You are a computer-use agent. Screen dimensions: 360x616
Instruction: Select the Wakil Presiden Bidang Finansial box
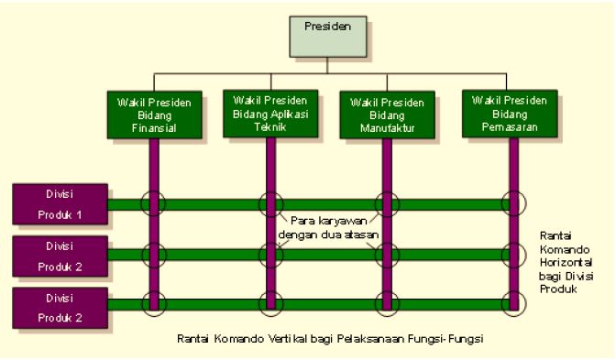[154, 115]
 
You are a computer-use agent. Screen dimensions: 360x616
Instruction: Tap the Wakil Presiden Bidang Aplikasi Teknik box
[270, 113]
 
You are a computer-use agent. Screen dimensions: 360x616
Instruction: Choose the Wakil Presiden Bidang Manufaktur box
[385, 115]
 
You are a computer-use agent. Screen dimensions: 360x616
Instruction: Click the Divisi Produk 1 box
[60, 204]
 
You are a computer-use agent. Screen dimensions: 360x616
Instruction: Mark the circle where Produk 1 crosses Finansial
[154, 203]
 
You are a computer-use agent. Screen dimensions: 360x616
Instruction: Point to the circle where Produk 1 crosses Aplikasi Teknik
[270, 203]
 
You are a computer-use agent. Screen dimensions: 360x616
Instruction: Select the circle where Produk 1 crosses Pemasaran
[514, 203]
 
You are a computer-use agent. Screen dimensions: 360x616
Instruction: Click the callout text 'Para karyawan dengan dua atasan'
[328, 227]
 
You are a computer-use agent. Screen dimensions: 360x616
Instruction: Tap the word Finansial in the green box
[154, 129]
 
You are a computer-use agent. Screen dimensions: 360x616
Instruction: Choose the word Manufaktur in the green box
[385, 129]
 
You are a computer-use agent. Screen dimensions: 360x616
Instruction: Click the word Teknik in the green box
[269, 128]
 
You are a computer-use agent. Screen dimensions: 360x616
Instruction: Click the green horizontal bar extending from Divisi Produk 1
[211, 203]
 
